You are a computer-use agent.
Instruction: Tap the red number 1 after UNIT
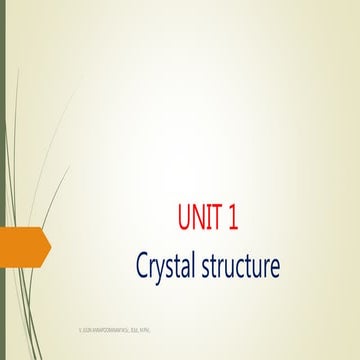click(x=233, y=218)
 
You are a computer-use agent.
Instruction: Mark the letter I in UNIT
click(x=210, y=218)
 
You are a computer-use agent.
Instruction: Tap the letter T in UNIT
click(x=218, y=218)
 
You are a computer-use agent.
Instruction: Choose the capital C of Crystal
click(x=143, y=267)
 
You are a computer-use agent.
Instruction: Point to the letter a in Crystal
click(x=190, y=269)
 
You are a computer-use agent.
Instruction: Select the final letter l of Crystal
click(x=200, y=266)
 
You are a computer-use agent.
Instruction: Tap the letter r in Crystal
click(x=154, y=269)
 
